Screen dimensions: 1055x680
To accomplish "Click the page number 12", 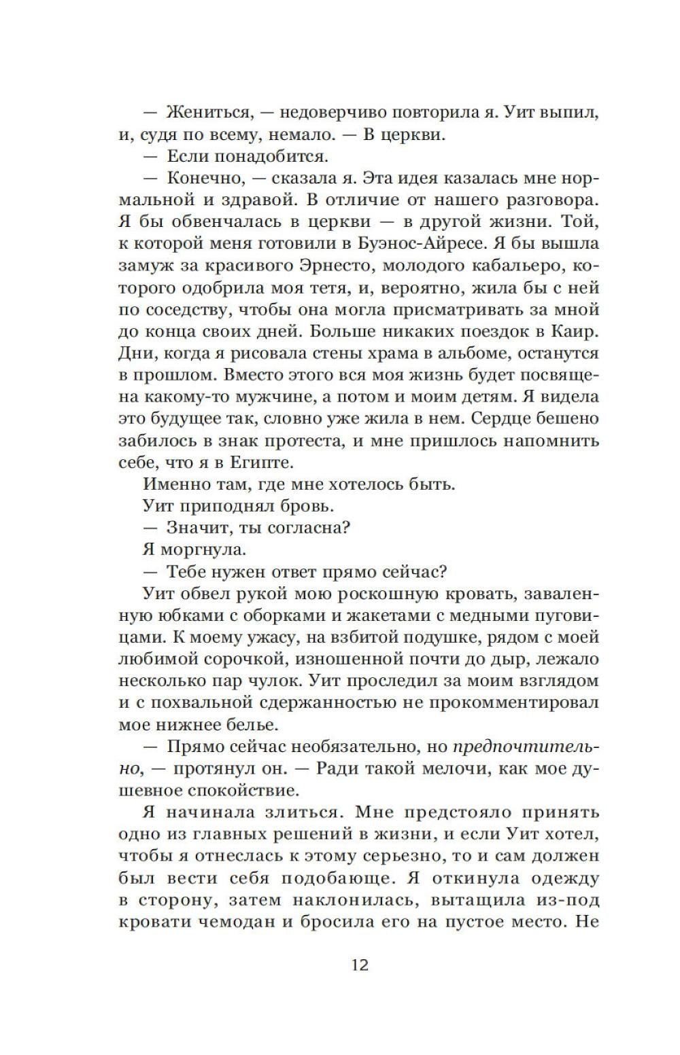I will [360, 965].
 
